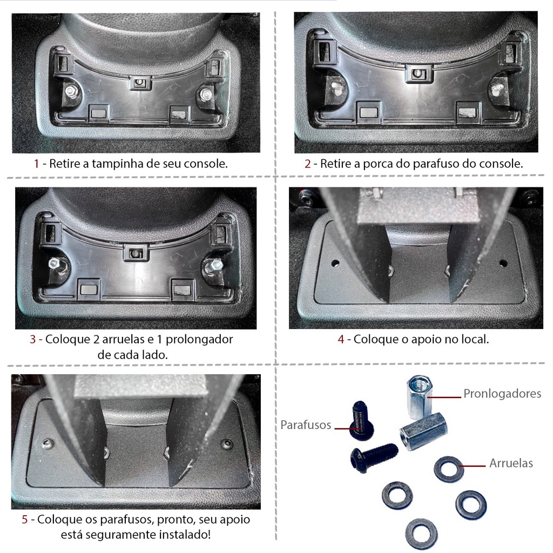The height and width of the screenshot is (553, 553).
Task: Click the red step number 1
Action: click(36, 164)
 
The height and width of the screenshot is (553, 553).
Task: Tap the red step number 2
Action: click(307, 164)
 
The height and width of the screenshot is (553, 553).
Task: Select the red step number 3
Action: click(33, 339)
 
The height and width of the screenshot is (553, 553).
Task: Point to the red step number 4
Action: click(341, 339)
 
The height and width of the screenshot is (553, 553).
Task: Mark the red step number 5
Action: click(25, 520)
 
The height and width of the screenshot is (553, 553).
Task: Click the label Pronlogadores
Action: click(502, 394)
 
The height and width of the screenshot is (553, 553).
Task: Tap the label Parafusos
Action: click(306, 425)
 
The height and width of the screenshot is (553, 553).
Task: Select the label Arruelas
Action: click(511, 463)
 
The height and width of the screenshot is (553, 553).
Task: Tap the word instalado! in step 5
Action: click(185, 535)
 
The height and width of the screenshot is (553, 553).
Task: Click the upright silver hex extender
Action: click(419, 397)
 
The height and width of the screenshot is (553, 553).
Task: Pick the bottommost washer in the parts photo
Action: click(421, 534)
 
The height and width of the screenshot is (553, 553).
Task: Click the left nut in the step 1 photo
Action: click(70, 91)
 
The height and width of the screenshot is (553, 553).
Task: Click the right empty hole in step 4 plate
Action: click(503, 263)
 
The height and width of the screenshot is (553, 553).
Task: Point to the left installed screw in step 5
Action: click(48, 444)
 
